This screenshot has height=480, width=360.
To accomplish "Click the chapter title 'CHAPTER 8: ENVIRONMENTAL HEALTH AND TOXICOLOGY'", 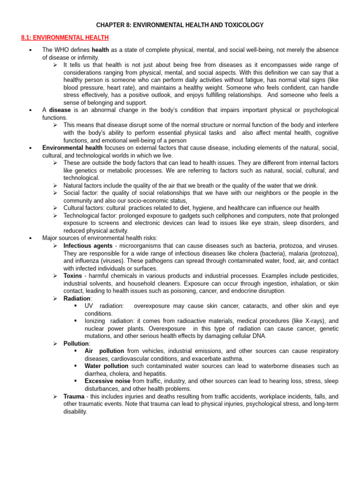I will [180, 25].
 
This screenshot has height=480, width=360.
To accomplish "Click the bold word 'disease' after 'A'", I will [60, 110].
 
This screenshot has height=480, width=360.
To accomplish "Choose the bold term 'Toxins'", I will [73, 276].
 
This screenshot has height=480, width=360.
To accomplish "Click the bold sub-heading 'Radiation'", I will [77, 298].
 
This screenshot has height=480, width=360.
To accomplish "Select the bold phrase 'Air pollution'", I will [104, 351].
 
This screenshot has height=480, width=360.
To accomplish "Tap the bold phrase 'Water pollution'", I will [107, 366].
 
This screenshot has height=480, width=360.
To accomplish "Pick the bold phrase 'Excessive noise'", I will [108, 381].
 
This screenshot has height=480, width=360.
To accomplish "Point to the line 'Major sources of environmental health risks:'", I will [99, 238].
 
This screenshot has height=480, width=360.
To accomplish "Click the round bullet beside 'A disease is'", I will [30, 110].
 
